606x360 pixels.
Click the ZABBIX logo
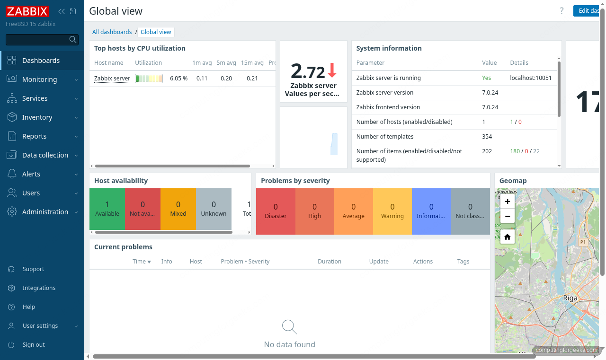[27, 11]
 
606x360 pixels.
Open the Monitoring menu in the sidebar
[39, 79]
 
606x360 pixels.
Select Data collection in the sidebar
[45, 155]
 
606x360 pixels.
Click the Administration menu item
[45, 212]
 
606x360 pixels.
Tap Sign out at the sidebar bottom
[34, 345]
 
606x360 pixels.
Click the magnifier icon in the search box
[73, 40]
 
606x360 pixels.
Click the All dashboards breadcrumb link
[112, 32]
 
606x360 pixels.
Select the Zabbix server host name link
[112, 79]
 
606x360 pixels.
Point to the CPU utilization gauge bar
[149, 79]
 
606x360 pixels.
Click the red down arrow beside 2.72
[332, 70]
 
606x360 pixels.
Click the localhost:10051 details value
[530, 78]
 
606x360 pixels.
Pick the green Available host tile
[107, 209]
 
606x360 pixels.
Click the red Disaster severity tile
[276, 211]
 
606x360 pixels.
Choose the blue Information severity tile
[431, 211]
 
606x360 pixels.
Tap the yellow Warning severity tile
[392, 211]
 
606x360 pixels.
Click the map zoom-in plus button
[507, 202]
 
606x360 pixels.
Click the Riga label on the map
[570, 298]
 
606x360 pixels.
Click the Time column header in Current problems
[141, 262]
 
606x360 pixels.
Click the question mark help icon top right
[561, 11]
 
